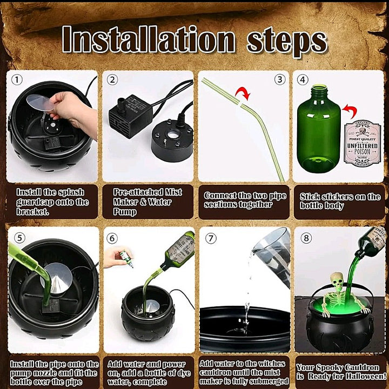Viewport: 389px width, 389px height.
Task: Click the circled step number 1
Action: pos(17,80)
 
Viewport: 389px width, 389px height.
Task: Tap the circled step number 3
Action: pos(279,80)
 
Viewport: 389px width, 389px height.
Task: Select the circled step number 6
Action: pos(112,238)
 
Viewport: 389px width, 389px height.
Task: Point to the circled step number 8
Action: pos(306,238)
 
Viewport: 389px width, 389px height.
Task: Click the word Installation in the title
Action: pos(149,41)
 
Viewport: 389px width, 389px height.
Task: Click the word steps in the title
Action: pos(287,41)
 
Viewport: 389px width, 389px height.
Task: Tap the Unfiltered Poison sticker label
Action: pos(362,143)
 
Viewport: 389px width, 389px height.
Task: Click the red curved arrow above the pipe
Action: pos(243,96)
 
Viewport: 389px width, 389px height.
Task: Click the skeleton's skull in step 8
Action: pos(337,281)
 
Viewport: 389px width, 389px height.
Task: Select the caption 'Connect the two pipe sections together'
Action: pos(246,200)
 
